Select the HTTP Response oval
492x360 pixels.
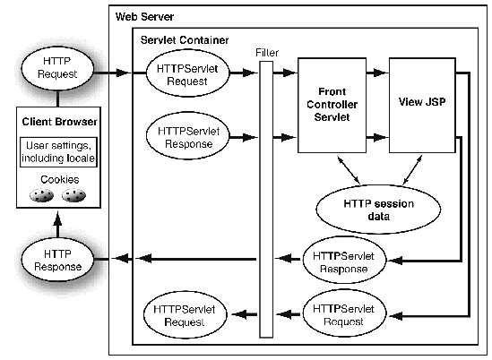(59, 260)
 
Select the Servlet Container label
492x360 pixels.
(184, 40)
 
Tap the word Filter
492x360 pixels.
(265, 51)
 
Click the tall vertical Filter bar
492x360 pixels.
(265, 197)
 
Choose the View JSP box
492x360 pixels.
(423, 102)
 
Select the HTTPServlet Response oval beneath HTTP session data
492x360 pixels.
(349, 261)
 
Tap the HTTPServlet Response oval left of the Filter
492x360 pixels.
(183, 136)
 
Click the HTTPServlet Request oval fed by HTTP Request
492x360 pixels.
(183, 74)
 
